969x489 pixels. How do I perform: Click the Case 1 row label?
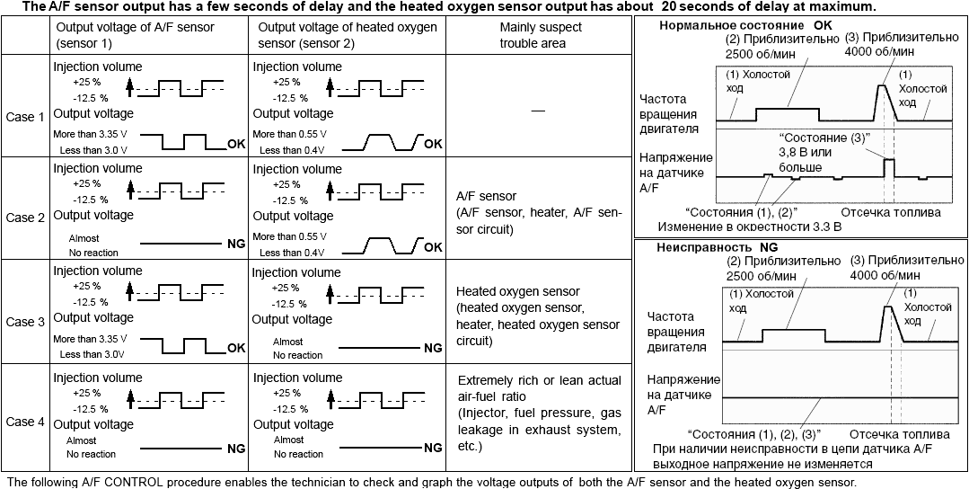tap(24, 118)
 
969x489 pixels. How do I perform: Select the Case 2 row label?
tap(24, 217)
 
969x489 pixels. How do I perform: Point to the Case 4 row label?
tap(24, 422)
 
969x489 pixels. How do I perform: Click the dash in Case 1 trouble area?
tap(538, 109)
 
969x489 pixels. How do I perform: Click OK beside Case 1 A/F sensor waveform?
tap(236, 144)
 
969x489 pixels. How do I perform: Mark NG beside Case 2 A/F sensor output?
tap(235, 244)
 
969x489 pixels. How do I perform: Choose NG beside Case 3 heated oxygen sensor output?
tap(433, 348)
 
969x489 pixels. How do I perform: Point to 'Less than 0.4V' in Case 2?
tap(292, 253)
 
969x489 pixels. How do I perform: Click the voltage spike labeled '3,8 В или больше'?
tap(889, 167)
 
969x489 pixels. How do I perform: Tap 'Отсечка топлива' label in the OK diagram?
tap(891, 213)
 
